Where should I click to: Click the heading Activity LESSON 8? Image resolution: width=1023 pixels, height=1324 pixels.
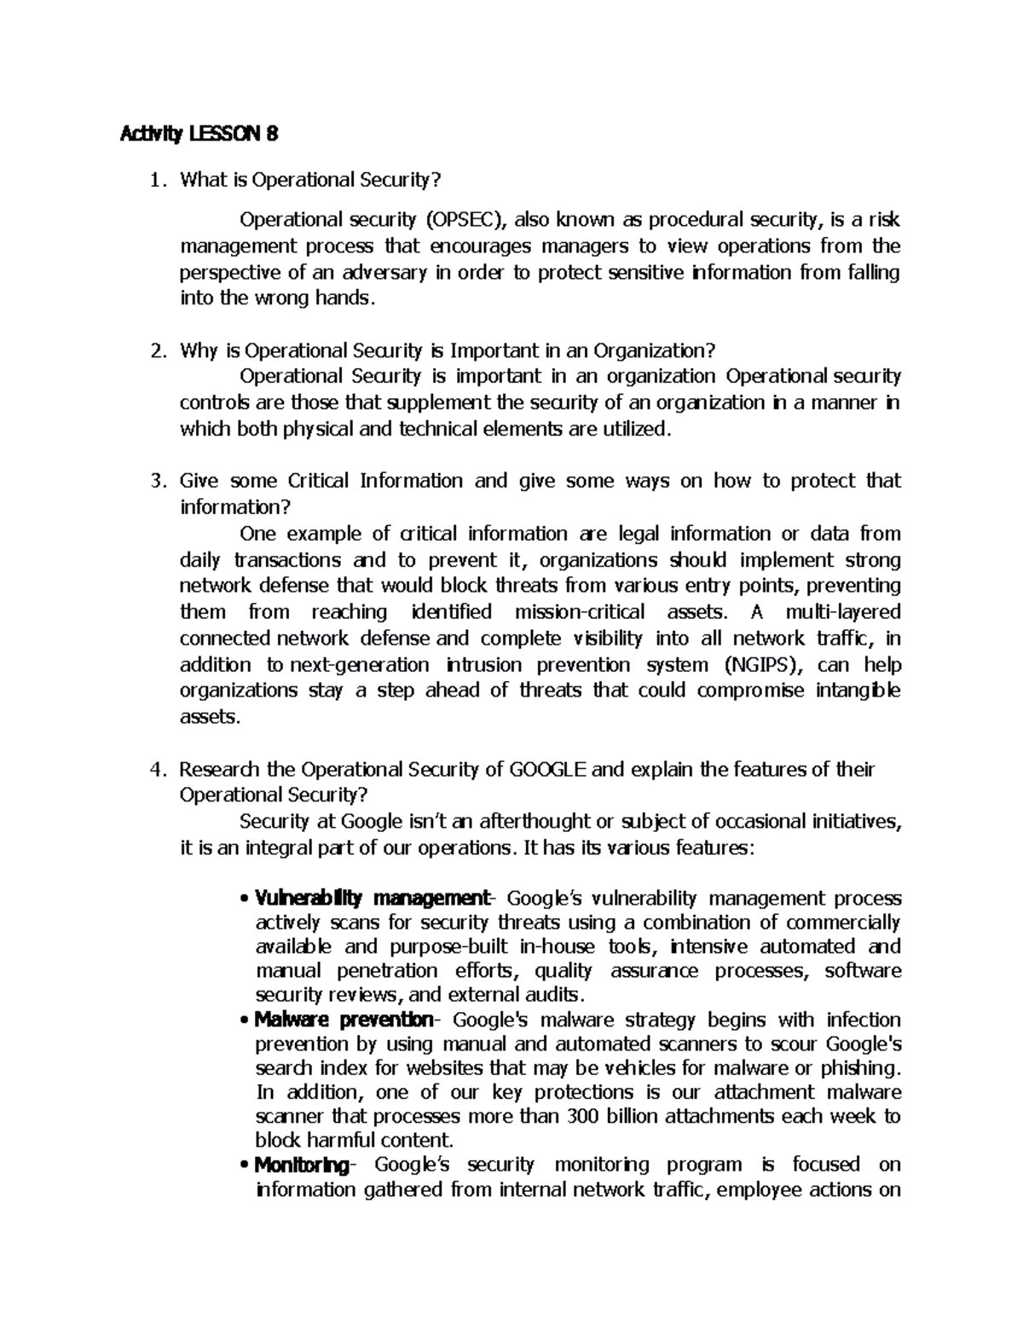199,134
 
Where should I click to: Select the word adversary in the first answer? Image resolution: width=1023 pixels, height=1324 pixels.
384,273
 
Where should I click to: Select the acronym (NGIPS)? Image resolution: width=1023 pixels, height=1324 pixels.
763,664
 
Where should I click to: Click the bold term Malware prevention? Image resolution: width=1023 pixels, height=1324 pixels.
345,1020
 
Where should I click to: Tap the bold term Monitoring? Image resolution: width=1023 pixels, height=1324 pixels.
302,1165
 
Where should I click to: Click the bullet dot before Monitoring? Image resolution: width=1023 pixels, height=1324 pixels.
246,1166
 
